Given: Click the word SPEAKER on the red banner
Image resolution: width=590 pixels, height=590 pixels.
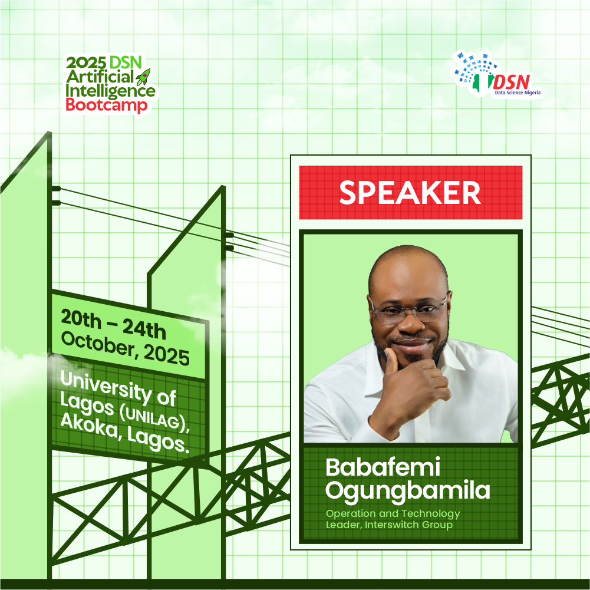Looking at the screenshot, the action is point(410,193).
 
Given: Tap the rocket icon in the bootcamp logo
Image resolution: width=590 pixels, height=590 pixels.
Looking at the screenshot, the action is point(143,77).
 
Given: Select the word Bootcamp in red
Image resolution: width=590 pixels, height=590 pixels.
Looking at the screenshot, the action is point(107,106).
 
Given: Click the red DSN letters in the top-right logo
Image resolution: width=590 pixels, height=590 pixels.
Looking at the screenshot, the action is point(512,82).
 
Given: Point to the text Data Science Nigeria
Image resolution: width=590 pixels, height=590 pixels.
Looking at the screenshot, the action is point(518,93).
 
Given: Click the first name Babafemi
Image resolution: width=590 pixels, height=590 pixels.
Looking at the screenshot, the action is point(383,467).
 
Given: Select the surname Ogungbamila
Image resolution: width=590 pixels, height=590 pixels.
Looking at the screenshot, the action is point(407,491).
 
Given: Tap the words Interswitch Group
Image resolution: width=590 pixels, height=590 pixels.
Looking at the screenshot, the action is point(408,525).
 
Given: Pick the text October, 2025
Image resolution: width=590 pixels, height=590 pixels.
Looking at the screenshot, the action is point(126,349).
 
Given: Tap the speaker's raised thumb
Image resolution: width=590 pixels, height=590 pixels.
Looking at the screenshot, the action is point(391,360).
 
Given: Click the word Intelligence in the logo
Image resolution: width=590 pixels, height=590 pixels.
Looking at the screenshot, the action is point(110,91).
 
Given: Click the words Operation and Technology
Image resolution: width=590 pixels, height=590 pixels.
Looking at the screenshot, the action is point(393,513).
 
